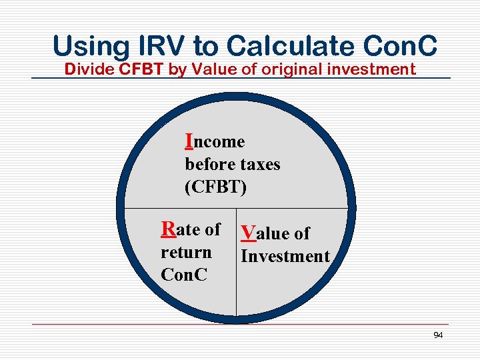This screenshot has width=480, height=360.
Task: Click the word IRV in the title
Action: click(163, 46)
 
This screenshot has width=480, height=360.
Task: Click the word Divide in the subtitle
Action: click(85, 69)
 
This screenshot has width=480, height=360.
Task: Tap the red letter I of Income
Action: click(189, 141)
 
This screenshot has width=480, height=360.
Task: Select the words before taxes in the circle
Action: click(232, 164)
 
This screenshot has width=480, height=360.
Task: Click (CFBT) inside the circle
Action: click(215, 187)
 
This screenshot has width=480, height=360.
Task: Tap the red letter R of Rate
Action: click(169, 229)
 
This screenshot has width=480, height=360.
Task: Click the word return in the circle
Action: click(186, 253)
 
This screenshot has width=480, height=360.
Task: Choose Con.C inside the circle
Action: click(184, 275)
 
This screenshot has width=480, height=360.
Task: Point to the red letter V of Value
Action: click(248, 233)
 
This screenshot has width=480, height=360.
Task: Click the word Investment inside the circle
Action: click(285, 256)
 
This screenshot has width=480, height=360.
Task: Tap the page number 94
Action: click(437, 335)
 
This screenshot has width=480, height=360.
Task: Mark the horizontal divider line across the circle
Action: click(300, 208)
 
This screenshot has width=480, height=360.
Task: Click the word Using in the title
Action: click(91, 46)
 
